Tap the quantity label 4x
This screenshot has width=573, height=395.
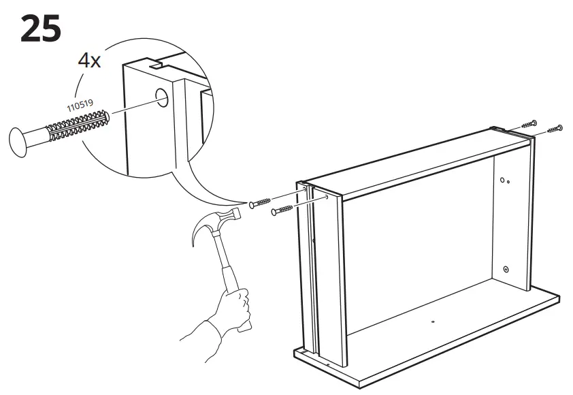tap(89, 60)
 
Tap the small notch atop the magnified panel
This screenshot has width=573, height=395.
tap(157, 66)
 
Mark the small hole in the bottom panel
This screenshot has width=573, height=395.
tap(433, 318)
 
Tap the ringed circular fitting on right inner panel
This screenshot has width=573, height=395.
tap(506, 269)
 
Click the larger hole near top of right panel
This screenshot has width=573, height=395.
tap(502, 180)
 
